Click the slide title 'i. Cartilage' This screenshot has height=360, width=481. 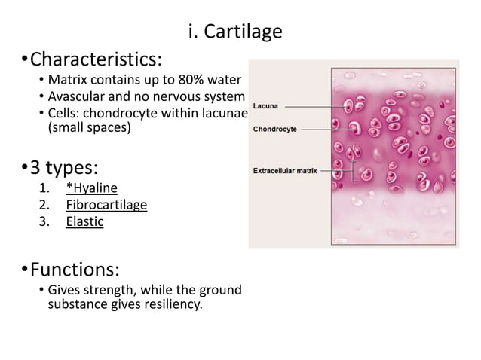click(x=234, y=32)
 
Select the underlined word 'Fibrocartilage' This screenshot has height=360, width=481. click(x=106, y=205)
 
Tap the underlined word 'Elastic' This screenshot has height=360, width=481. click(x=84, y=222)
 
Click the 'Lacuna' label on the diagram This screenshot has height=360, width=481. click(x=265, y=106)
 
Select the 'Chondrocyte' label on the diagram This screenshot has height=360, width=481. click(x=274, y=129)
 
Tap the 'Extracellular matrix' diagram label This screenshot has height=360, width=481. click(x=284, y=171)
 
